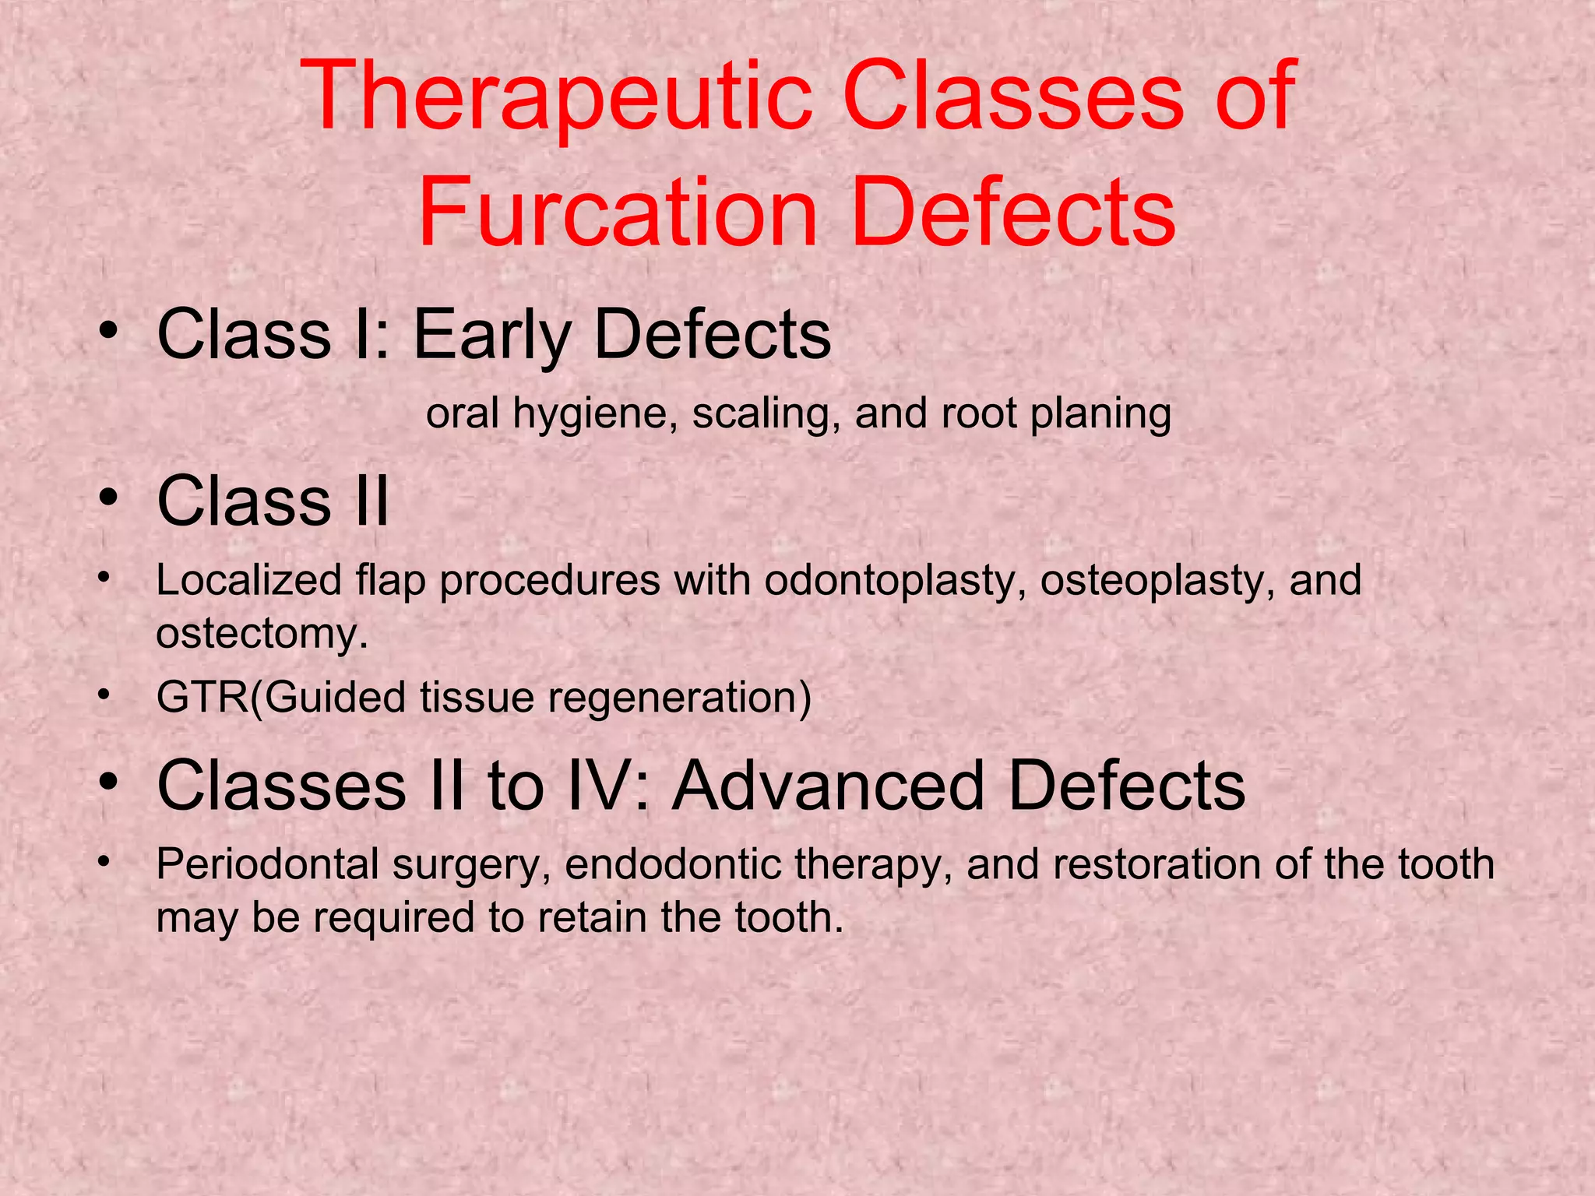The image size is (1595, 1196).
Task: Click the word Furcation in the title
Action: click(618, 212)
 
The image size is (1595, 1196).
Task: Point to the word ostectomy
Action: click(262, 633)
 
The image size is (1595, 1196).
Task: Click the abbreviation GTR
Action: click(202, 697)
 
